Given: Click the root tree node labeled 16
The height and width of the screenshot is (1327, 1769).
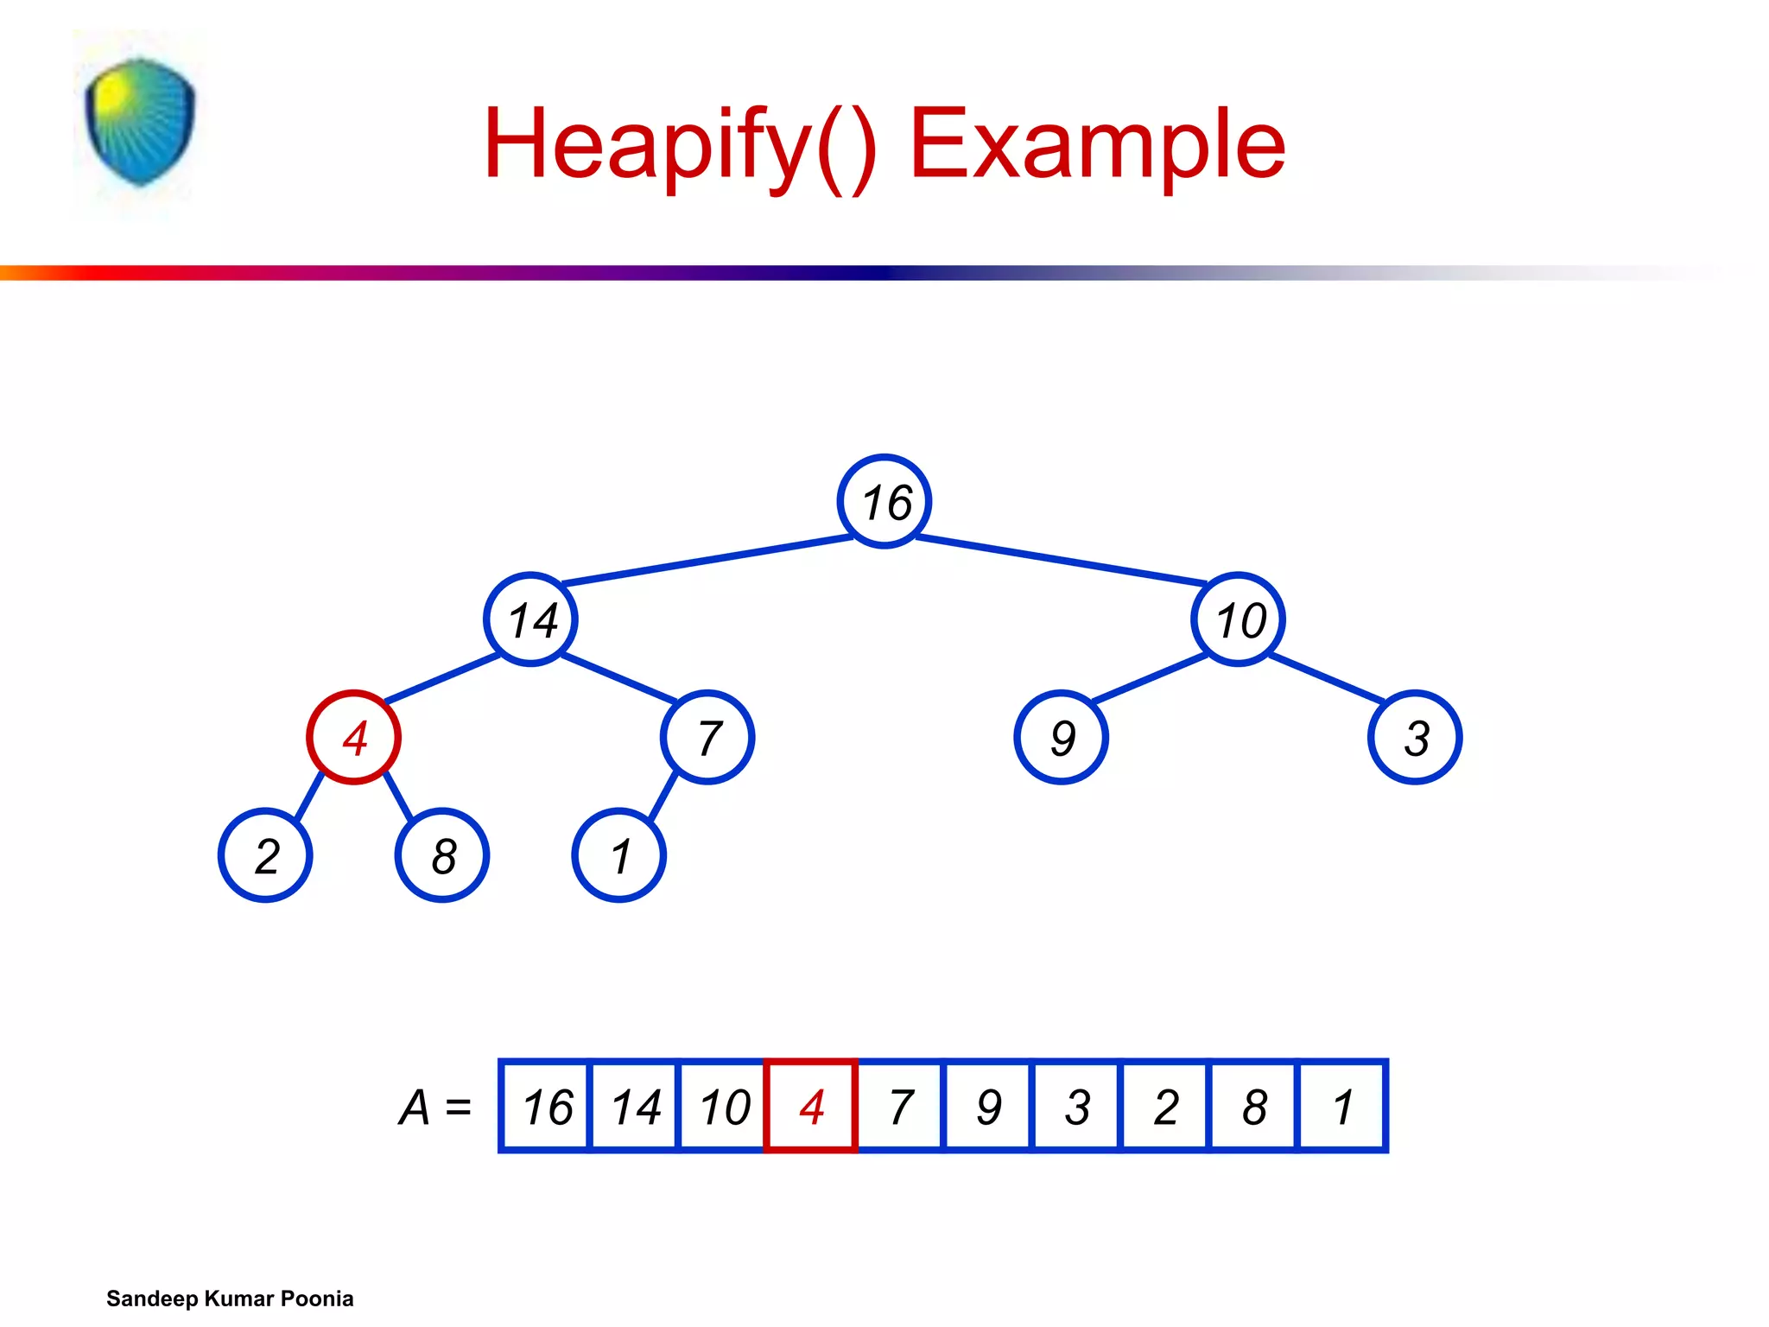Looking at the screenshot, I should [x=884, y=501].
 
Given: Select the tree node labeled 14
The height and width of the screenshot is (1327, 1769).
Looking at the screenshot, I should [x=530, y=619].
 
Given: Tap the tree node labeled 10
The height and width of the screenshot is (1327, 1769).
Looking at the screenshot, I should [x=1238, y=619].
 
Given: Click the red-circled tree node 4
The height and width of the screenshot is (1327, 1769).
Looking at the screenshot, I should [x=353, y=738].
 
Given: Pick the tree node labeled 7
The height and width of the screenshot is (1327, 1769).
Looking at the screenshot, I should [x=707, y=738].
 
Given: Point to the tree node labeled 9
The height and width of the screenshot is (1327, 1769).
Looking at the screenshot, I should [x=1061, y=738].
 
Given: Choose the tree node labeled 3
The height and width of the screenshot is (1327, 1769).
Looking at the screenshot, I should [x=1415, y=738].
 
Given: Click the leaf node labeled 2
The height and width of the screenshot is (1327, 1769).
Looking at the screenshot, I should [x=265, y=855].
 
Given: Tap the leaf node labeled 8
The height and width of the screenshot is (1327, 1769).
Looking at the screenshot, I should [x=442, y=855].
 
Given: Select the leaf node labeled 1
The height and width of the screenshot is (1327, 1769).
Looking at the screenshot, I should [x=618, y=855].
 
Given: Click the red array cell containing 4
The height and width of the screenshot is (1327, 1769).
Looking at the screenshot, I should [x=811, y=1106].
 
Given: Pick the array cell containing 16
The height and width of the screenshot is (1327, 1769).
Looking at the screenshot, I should [x=546, y=1106].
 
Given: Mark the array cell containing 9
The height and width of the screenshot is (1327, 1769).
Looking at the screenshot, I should [x=988, y=1106].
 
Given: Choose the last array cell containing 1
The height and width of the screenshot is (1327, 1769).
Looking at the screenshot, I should [x=1342, y=1106].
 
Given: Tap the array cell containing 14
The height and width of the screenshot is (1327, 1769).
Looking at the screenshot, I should [x=635, y=1106].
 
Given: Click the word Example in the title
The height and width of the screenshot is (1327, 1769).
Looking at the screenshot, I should [x=1097, y=143].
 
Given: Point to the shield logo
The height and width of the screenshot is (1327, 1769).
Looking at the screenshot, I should [x=140, y=121].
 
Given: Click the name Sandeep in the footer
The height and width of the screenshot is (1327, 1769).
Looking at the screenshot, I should [x=152, y=1298].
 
